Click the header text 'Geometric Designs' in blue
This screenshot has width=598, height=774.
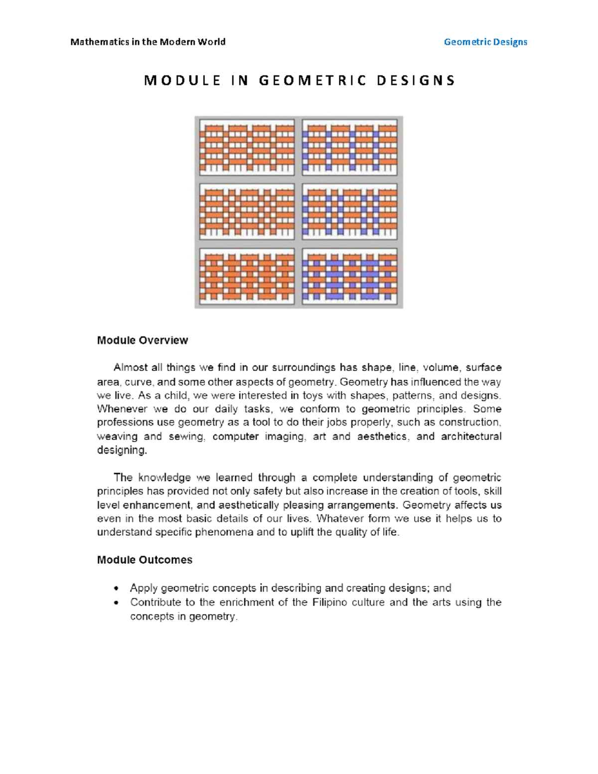(x=485, y=42)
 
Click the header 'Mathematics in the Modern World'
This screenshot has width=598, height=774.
(x=148, y=42)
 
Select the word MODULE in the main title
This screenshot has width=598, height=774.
(x=182, y=81)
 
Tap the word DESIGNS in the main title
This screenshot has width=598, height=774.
(x=416, y=81)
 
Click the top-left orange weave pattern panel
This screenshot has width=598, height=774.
(x=247, y=147)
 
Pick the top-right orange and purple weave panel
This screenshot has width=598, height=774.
(x=349, y=147)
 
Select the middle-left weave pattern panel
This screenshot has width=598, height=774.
(x=247, y=211)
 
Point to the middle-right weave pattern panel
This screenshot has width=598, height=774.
(x=349, y=211)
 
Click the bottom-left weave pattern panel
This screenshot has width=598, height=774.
(x=247, y=276)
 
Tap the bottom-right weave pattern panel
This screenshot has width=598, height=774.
(x=349, y=276)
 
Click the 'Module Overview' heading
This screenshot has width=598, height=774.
(x=142, y=340)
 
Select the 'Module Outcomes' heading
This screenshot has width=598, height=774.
(x=145, y=560)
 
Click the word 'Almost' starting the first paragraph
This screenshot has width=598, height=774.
(x=131, y=368)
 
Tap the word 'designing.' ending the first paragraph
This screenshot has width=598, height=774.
(x=122, y=451)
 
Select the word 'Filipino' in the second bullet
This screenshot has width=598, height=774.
(x=329, y=602)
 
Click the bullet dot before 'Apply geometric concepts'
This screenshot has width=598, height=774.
(x=117, y=588)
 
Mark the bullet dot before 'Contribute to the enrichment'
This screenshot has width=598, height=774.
(x=117, y=603)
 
